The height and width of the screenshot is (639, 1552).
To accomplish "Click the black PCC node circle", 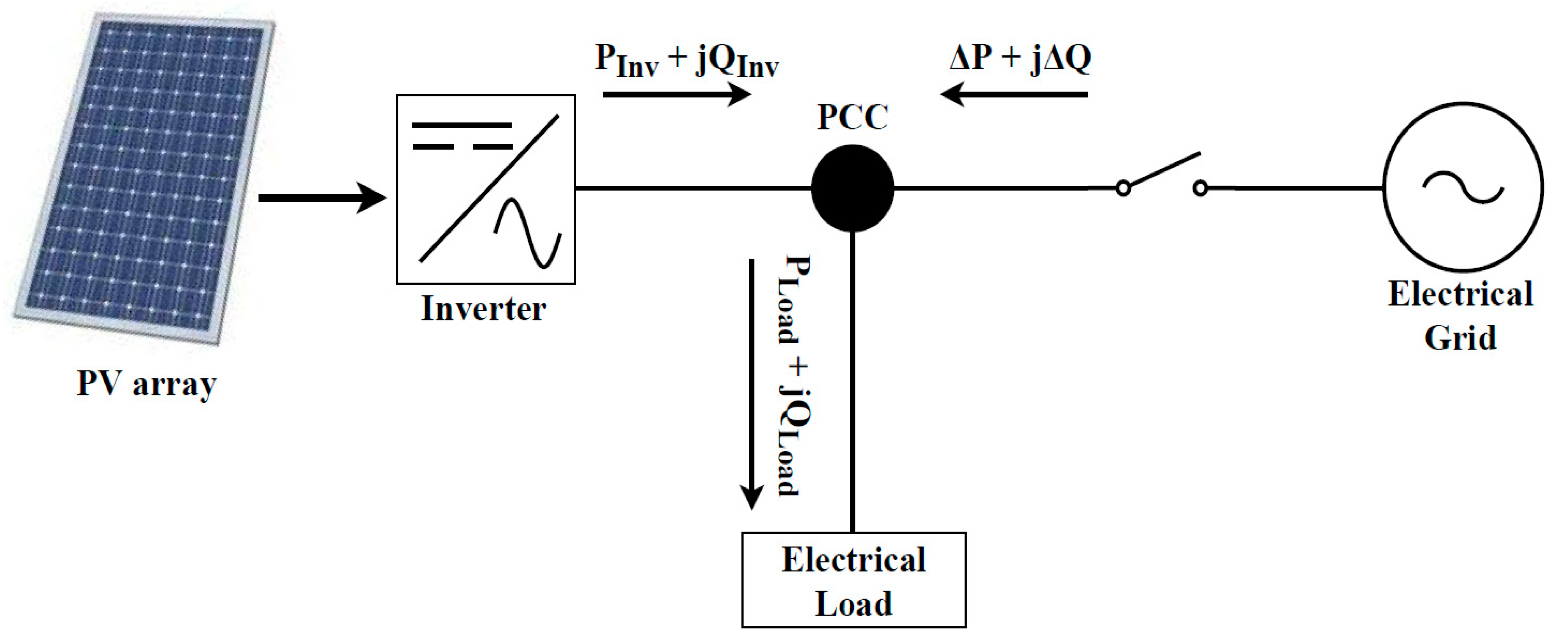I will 852,188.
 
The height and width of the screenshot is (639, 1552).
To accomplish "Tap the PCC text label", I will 852,118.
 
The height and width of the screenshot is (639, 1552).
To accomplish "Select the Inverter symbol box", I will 486,189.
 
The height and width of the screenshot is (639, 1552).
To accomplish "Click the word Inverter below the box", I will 483,309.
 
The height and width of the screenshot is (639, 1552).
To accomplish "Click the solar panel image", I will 145,178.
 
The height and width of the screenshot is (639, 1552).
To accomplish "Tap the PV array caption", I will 146,384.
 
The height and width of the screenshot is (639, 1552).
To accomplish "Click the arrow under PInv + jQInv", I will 676,95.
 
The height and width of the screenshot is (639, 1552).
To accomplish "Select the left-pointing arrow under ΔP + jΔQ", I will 1015,95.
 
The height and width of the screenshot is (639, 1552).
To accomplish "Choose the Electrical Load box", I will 854,580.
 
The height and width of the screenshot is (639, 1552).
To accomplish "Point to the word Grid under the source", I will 1460,337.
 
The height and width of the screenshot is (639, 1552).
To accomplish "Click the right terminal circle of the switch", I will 1200,189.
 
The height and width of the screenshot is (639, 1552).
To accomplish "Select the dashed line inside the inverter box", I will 462,146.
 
